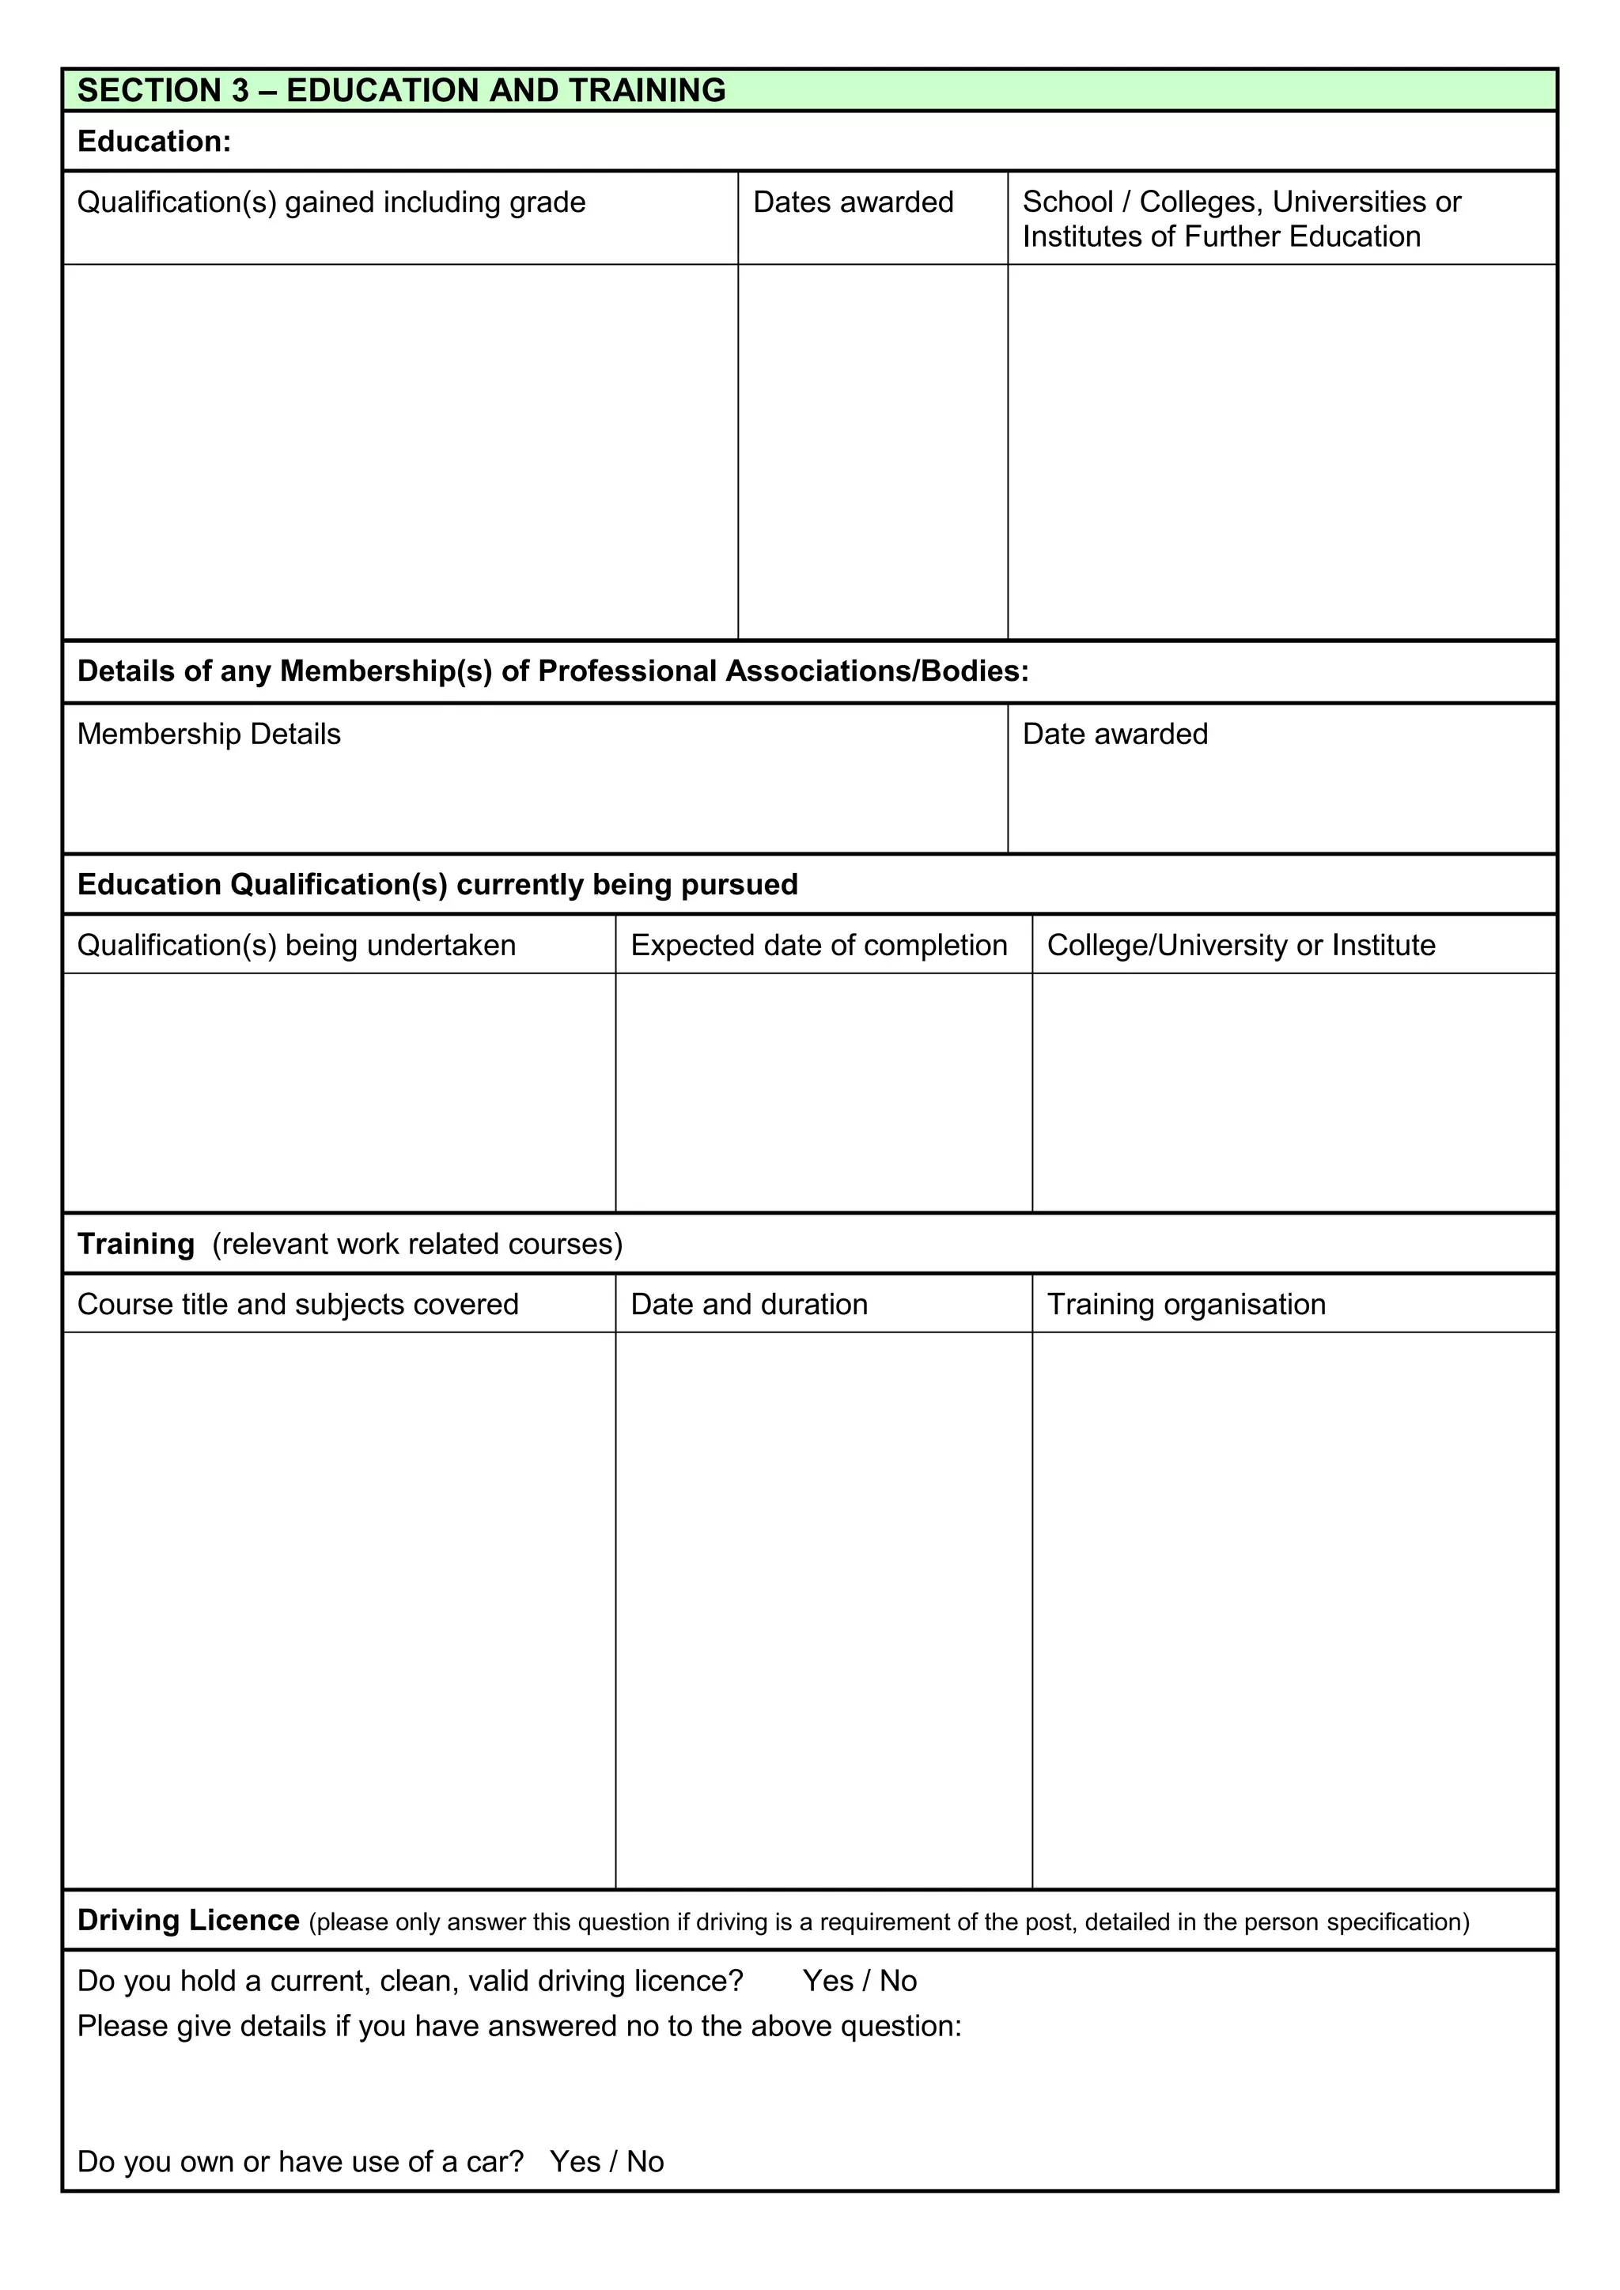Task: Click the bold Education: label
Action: pyautogui.click(x=153, y=142)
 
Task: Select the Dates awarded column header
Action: pyautogui.click(x=853, y=202)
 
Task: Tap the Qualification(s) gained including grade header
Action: pyautogui.click(x=331, y=202)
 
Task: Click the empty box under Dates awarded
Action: pyautogui.click(x=872, y=451)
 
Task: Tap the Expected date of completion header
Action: pyautogui.click(x=818, y=946)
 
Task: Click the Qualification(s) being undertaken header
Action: pyautogui.click(x=297, y=946)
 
